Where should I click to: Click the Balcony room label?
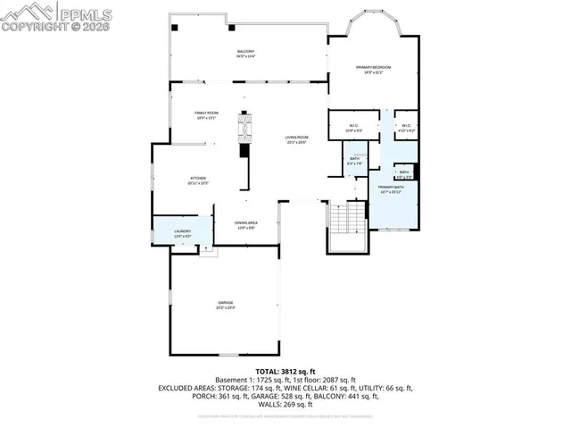pyautogui.click(x=245, y=54)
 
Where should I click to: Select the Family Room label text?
pyautogui.click(x=207, y=114)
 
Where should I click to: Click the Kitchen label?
pyautogui.click(x=198, y=180)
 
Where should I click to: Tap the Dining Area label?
pyautogui.click(x=246, y=224)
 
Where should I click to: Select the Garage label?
pyautogui.click(x=225, y=305)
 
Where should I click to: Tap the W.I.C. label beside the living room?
pyautogui.click(x=354, y=127)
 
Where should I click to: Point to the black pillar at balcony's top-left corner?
pyautogui.click(x=176, y=28)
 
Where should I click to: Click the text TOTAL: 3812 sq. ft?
pyautogui.click(x=285, y=370)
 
